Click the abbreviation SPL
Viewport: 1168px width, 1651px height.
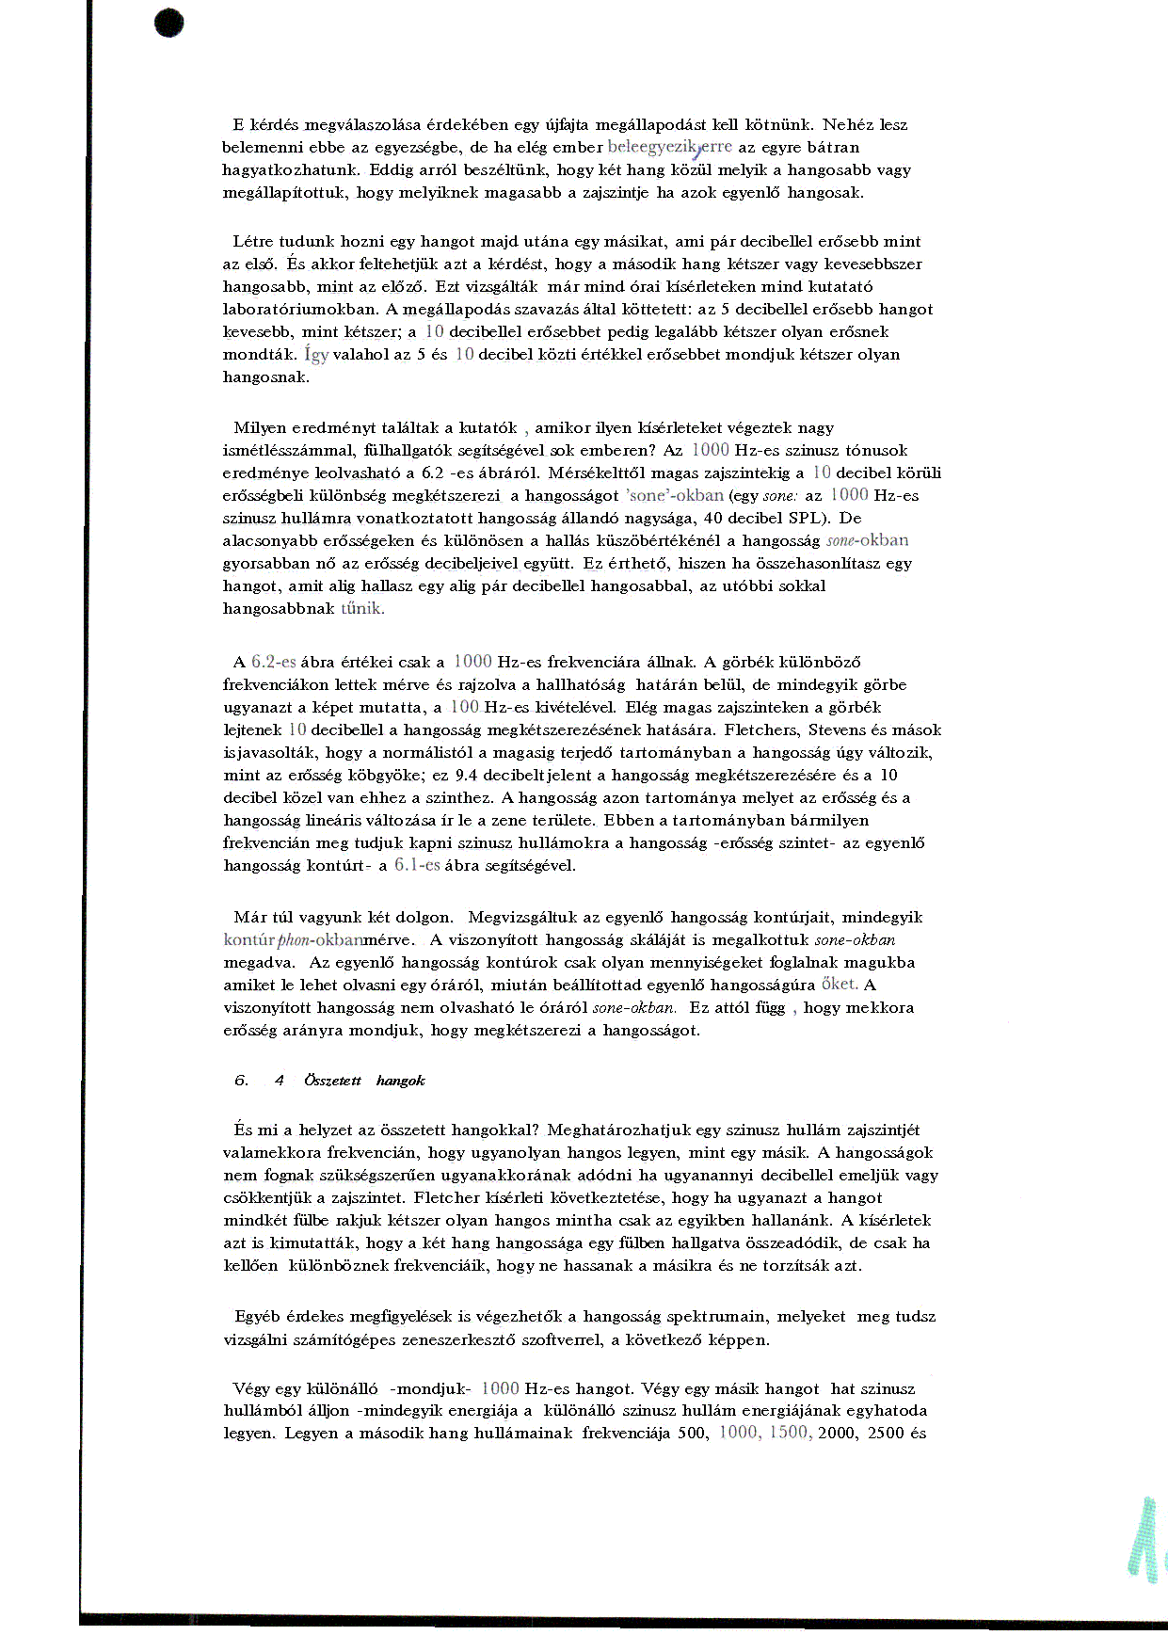click(813, 518)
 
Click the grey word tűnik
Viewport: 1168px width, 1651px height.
click(362, 608)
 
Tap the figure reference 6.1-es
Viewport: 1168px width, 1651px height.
click(417, 865)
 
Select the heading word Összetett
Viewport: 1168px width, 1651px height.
click(332, 1081)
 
